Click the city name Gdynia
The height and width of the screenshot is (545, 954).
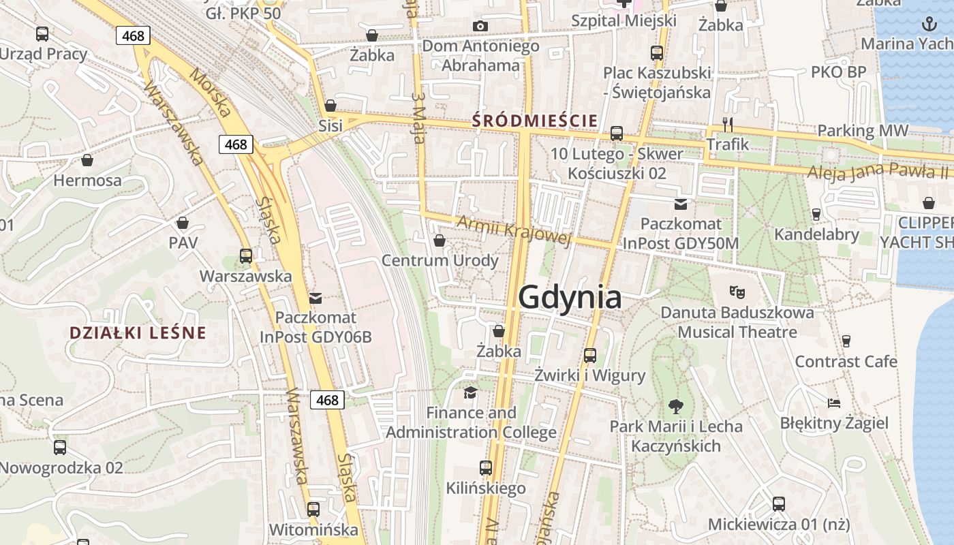point(570,298)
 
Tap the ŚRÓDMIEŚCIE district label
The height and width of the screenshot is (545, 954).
point(535,121)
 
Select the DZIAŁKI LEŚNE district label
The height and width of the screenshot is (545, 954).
point(138,333)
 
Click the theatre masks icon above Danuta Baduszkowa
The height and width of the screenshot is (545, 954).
point(737,292)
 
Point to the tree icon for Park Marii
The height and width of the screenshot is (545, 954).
point(675,407)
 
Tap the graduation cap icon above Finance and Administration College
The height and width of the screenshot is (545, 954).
point(470,392)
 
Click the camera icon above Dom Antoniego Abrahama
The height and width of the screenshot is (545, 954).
point(480,26)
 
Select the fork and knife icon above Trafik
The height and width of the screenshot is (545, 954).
point(728,124)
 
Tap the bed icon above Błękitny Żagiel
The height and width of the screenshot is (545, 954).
point(834,403)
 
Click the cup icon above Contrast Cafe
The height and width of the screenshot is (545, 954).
point(846,341)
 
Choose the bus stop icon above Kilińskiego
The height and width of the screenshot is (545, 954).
point(486,468)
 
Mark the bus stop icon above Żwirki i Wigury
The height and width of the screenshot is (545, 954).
point(590,355)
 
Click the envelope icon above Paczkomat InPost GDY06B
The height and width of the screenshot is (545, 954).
point(315,298)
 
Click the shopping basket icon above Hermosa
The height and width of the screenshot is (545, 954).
point(87,160)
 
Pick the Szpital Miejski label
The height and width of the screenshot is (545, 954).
point(624,20)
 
